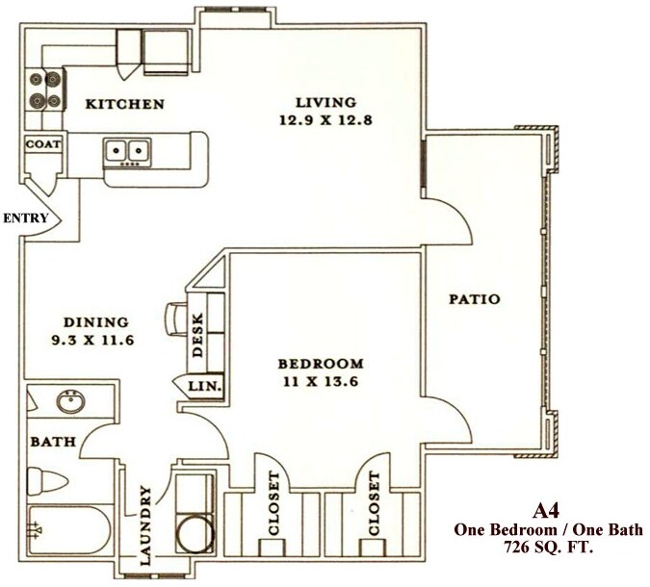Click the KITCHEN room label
click(x=124, y=104)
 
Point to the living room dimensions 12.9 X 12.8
click(x=312, y=120)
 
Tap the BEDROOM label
click(x=321, y=364)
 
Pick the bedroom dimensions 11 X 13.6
click(x=321, y=382)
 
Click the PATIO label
click(x=475, y=299)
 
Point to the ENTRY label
click(x=25, y=218)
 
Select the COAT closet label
click(x=43, y=144)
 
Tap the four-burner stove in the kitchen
click(x=44, y=89)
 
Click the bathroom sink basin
click(x=70, y=401)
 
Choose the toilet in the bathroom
click(x=45, y=480)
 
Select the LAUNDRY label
click(x=146, y=525)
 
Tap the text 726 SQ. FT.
click(x=547, y=548)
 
